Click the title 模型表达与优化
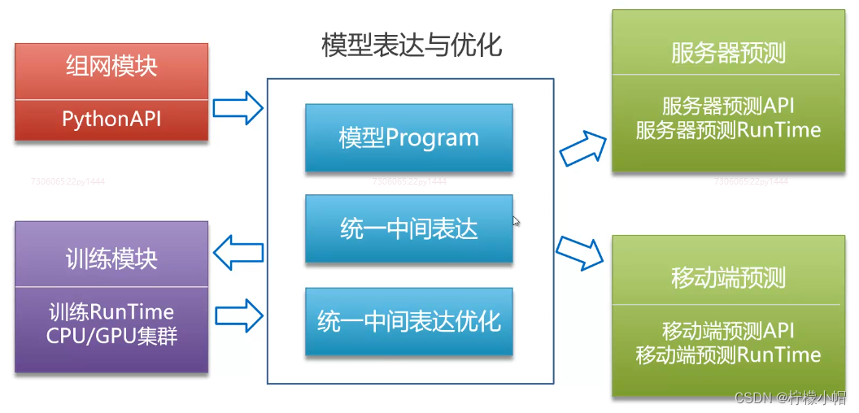412,45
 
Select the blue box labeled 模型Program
408,137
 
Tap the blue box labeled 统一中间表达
408,229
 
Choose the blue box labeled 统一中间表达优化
408,321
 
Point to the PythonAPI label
111,119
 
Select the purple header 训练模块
111,259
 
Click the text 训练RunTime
111,311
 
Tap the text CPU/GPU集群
111,335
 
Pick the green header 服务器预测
728,53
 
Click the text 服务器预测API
728,107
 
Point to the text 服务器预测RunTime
728,130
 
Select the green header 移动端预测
728,278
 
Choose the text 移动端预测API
728,331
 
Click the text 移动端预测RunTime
728,354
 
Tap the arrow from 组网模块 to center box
238,107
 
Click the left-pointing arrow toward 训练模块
238,252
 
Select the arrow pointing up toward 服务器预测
583,147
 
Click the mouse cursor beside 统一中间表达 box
517,220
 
